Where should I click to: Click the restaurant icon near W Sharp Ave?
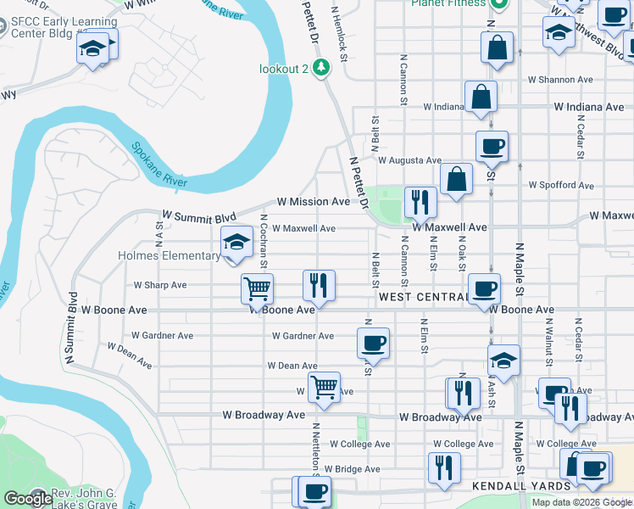click(320, 284)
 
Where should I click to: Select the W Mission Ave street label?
click(314, 202)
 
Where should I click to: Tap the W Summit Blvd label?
click(197, 217)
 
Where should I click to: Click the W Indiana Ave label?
click(588, 107)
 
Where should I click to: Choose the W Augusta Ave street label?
click(409, 160)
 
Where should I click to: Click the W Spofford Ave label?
click(560, 185)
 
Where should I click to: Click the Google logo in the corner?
click(28, 499)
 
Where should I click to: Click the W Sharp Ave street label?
click(160, 285)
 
